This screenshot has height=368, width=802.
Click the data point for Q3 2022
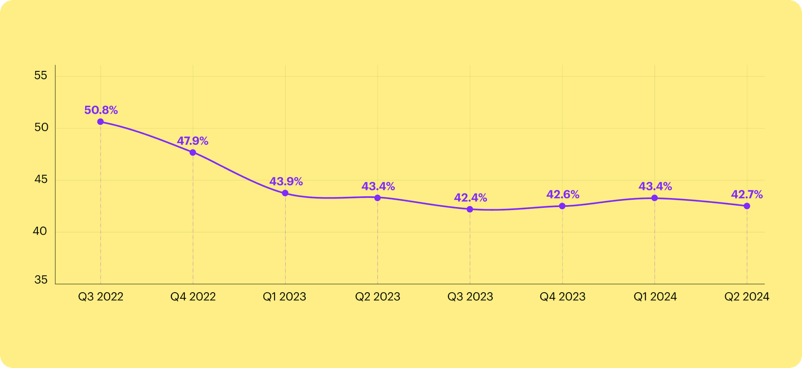100,122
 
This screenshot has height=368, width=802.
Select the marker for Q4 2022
193,152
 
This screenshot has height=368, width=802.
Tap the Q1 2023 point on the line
285,193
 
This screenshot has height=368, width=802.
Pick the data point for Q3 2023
470,209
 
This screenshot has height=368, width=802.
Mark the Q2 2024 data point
747,206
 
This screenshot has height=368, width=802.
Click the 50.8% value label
101,110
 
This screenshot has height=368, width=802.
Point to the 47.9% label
193,141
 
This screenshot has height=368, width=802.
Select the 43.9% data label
286,181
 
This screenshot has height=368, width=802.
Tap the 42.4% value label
470,197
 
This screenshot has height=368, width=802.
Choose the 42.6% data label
563,195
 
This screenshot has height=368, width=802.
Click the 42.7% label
747,195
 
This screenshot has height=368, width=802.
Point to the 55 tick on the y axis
41,76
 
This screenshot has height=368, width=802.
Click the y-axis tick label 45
41,180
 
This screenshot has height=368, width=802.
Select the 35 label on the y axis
41,280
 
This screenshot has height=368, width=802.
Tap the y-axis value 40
41,232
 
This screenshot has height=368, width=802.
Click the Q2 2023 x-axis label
378,297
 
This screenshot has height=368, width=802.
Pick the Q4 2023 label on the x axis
563,297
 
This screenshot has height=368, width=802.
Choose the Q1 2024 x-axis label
655,297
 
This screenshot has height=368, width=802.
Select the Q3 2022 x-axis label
101,297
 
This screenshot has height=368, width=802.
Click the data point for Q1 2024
654,198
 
